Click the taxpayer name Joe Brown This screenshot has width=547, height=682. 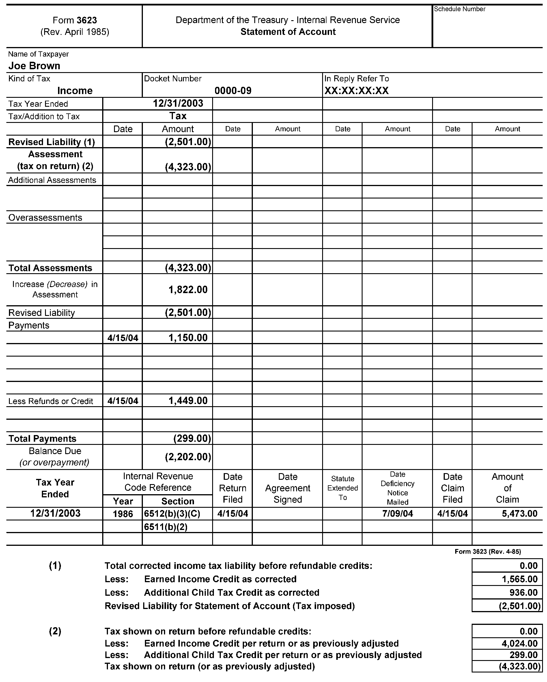[34, 66]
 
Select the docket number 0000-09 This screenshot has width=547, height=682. [233, 91]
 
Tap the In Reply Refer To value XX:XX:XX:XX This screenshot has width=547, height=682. [356, 91]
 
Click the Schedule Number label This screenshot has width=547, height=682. [459, 9]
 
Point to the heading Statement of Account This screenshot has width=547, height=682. [288, 32]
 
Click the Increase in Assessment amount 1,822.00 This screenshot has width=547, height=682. [188, 289]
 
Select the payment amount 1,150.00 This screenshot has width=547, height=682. [188, 338]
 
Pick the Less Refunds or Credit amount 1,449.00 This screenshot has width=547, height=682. [188, 400]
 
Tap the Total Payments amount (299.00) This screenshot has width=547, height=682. [192, 439]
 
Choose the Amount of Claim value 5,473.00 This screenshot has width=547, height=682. [520, 514]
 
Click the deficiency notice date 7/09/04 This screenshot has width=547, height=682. [397, 514]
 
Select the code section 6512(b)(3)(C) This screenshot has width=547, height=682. [172, 514]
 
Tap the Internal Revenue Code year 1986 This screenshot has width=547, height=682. [123, 514]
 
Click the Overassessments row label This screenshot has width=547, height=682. [45, 218]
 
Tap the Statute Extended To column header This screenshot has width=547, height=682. [343, 488]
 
